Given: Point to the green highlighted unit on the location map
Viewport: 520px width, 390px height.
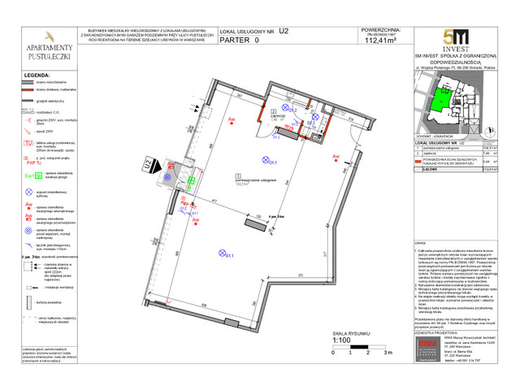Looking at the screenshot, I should pos(443,100).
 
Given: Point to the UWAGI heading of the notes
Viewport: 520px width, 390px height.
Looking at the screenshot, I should pos(421,243).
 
